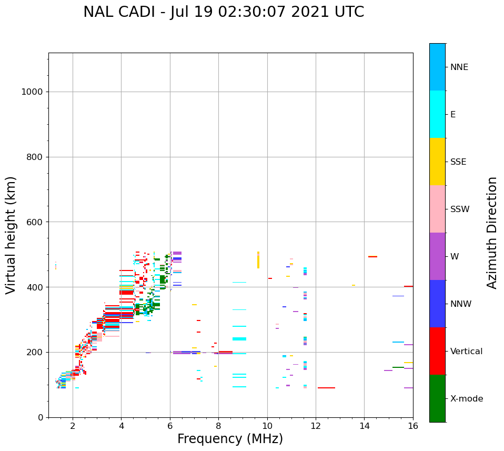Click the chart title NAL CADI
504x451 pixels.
pyautogui.click(x=224, y=12)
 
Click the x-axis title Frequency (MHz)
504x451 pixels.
pyautogui.click(x=230, y=439)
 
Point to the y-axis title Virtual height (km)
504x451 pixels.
pyautogui.click(x=11, y=235)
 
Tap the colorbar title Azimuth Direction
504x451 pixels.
pyautogui.click(x=492, y=233)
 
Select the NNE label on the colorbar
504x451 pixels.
pyautogui.click(x=459, y=67)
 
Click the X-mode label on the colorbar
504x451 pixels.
pyautogui.click(x=467, y=399)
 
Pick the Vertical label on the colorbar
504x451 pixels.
pyautogui.click(x=467, y=352)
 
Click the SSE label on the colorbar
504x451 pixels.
pyautogui.click(x=458, y=162)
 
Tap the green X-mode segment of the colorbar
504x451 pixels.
pyautogui.click(x=437, y=398)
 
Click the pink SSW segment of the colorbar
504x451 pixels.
pyautogui.click(x=437, y=209)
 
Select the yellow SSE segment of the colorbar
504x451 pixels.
pyautogui.click(x=437, y=162)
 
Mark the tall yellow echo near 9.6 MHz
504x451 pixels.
pyautogui.click(x=258, y=260)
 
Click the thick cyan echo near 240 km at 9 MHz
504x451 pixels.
pyautogui.click(x=239, y=339)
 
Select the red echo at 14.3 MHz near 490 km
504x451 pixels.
pyautogui.click(x=372, y=257)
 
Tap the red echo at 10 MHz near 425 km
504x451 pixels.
pyautogui.click(x=270, y=278)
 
